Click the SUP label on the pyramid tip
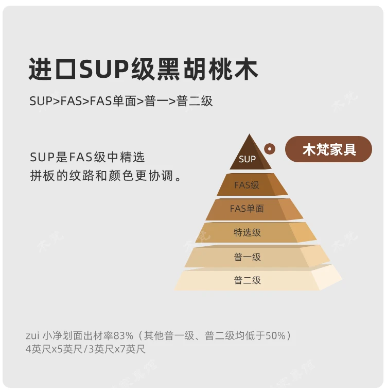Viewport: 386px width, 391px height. [247, 159]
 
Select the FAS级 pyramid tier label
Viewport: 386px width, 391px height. [247, 185]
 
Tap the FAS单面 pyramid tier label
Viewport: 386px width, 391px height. [247, 209]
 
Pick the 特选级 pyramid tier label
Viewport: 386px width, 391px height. [248, 232]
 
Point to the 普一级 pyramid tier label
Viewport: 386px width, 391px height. [248, 257]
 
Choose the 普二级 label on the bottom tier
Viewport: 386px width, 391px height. [248, 280]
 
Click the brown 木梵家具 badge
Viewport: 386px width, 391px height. [329, 149]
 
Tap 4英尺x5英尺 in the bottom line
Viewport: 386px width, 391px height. [55, 349]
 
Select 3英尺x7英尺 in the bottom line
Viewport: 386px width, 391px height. [117, 349]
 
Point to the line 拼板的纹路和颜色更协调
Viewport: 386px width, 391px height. [106, 176]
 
